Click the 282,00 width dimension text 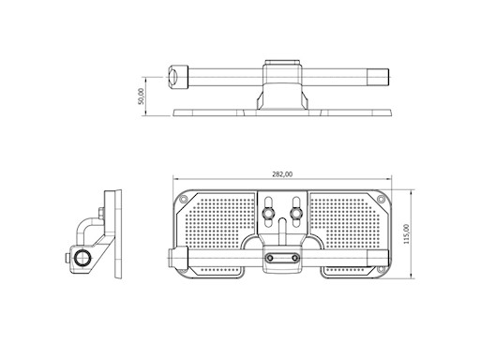[281, 173]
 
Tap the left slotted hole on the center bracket [269, 204]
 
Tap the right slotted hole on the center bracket [295, 204]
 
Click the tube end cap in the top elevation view [174, 77]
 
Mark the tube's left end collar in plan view [175, 257]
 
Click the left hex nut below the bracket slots [269, 217]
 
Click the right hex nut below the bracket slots [295, 217]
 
